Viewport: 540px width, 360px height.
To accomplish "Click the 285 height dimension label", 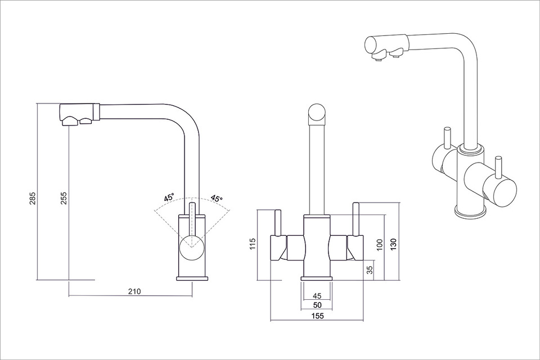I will click(33, 199).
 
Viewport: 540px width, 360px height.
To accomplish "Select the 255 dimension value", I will click(64, 199).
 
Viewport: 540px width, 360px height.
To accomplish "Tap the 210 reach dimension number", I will click(134, 291).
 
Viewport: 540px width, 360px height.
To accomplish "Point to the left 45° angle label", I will click(169, 198).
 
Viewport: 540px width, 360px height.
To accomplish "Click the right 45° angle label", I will click(217, 199).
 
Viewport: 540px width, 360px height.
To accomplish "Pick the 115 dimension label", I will click(253, 244).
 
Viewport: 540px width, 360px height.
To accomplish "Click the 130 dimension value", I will click(394, 244).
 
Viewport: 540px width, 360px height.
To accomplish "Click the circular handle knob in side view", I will click(192, 247).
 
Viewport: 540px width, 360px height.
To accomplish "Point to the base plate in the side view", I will click(192, 278).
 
